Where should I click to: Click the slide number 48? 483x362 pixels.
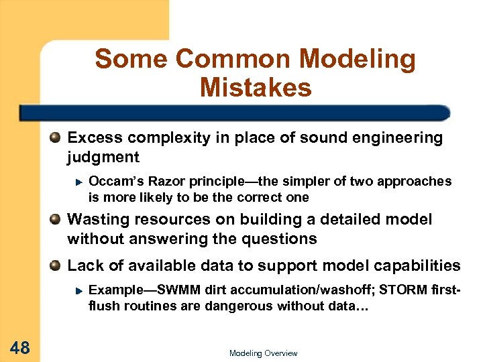[19, 347]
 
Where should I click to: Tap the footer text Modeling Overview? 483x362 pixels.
[263, 353]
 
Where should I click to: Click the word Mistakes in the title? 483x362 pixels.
[256, 87]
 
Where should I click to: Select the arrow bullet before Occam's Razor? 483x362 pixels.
[78, 182]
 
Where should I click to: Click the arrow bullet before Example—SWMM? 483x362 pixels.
[78, 291]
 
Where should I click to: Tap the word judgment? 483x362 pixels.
[103, 158]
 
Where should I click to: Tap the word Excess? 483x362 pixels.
[93, 138]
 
